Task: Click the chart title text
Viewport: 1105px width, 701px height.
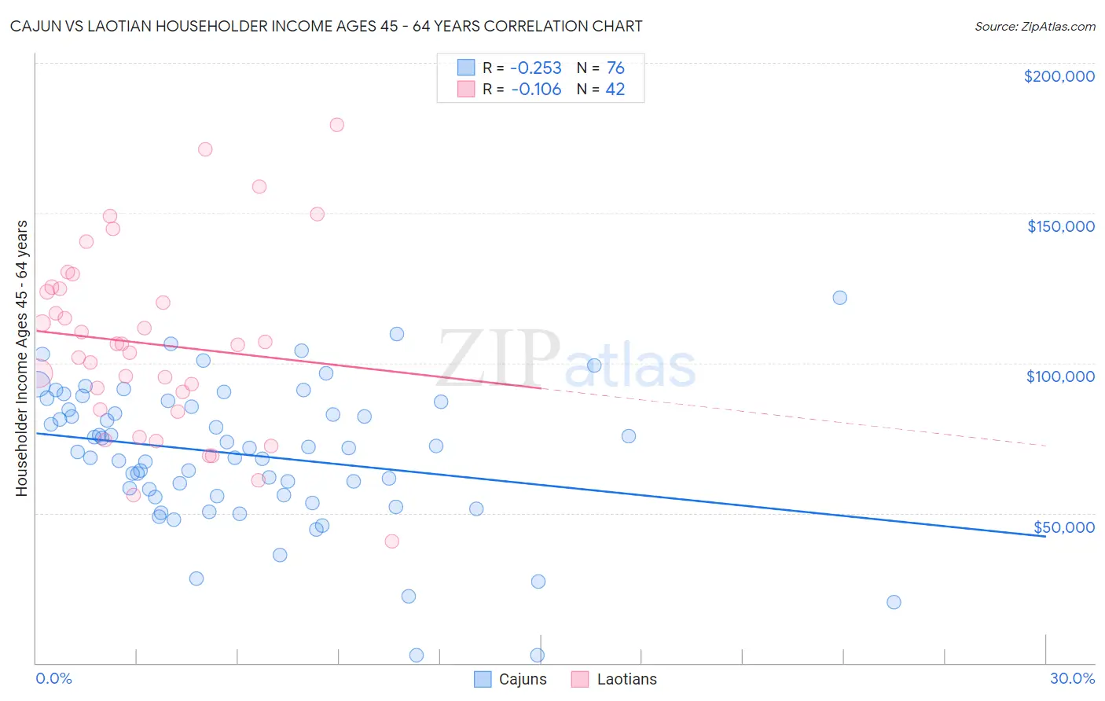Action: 326,26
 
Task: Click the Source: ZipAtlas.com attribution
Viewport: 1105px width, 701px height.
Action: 1034,26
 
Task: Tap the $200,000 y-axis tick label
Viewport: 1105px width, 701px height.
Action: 1059,76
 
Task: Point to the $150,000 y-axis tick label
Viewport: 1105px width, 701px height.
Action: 1060,226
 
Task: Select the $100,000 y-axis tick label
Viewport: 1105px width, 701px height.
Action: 1060,376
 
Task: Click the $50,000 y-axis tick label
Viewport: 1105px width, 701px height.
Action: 1063,527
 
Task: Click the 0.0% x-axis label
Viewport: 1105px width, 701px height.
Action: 53,678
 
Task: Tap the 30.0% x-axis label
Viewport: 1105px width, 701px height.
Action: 1072,678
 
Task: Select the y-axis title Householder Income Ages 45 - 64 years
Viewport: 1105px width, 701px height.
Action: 21,358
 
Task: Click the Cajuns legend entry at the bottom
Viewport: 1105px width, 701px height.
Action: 511,679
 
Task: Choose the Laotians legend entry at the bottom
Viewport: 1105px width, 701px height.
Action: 615,679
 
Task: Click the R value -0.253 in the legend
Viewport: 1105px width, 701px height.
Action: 536,68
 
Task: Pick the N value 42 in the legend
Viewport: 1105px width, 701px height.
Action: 615,90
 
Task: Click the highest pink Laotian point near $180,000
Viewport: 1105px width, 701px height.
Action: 336,124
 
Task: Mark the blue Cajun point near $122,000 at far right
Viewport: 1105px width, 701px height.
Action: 839,297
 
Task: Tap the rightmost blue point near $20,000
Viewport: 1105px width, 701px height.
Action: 894,602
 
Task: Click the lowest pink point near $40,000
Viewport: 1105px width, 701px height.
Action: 391,541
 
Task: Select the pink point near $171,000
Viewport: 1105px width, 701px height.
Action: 205,149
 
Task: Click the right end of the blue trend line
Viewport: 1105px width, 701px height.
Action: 1044,536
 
